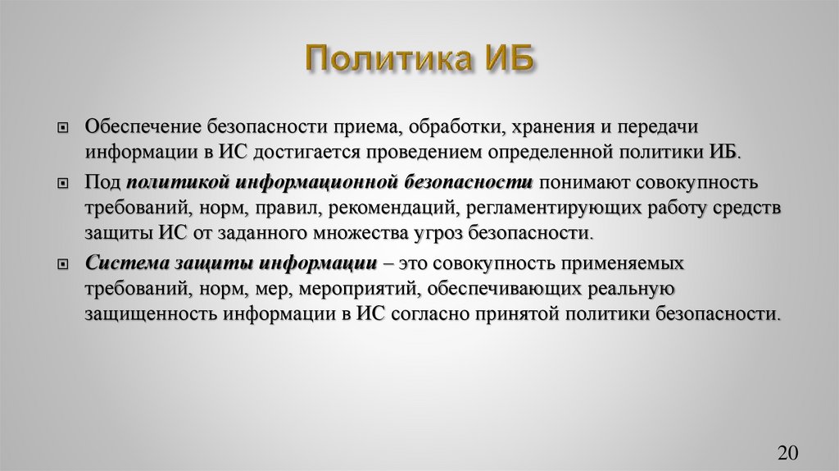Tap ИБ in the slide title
(x=509, y=62)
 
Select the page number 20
(x=787, y=452)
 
